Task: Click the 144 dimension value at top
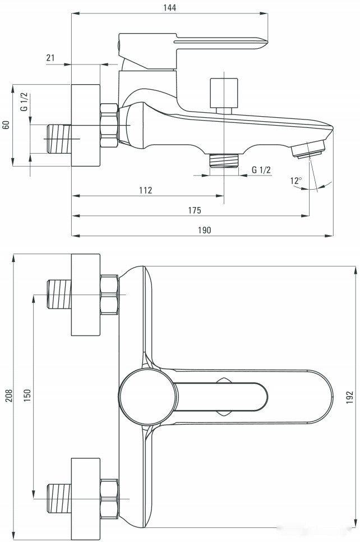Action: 169,7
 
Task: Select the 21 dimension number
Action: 50,58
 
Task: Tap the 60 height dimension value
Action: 6,125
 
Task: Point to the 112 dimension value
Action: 145,190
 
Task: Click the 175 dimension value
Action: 194,210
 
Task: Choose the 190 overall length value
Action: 204,230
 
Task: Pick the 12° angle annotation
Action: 296,181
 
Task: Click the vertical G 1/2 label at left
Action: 24,102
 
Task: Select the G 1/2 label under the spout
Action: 261,170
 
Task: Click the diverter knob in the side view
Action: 223,93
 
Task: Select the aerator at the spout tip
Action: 308,149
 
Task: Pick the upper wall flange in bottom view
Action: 86,294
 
